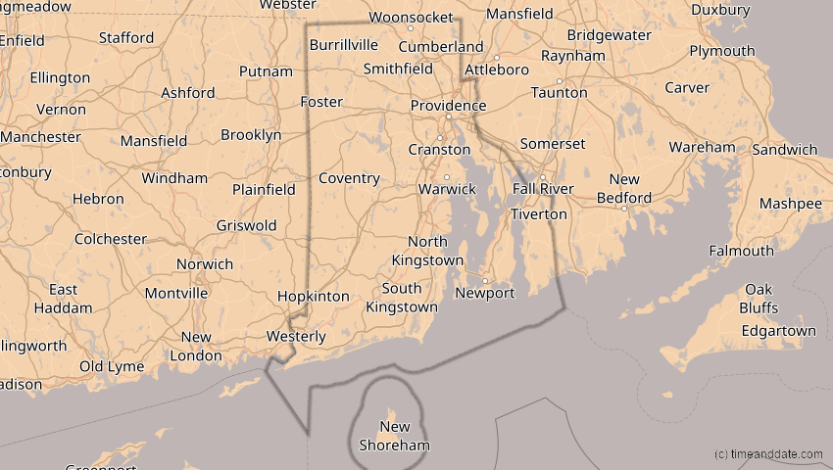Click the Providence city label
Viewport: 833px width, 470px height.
pyautogui.click(x=448, y=106)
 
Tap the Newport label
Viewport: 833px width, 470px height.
pyautogui.click(x=486, y=293)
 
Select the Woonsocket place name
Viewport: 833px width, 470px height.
pyautogui.click(x=412, y=18)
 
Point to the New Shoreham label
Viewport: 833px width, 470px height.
pyautogui.click(x=394, y=436)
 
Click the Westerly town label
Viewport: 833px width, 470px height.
pyautogui.click(x=297, y=337)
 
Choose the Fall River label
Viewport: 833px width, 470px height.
pyautogui.click(x=543, y=189)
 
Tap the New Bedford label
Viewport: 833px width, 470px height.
pyautogui.click(x=624, y=189)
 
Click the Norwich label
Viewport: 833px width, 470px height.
pyautogui.click(x=205, y=264)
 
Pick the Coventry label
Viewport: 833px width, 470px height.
pyautogui.click(x=349, y=178)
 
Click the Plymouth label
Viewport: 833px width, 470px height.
pyautogui.click(x=722, y=51)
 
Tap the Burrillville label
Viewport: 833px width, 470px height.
pyautogui.click(x=343, y=45)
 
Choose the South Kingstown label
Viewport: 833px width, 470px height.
pyautogui.click(x=402, y=298)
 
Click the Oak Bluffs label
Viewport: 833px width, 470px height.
pyautogui.click(x=759, y=299)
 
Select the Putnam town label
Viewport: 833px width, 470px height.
pyautogui.click(x=266, y=71)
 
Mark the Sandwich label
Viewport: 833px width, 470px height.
pyautogui.click(x=785, y=150)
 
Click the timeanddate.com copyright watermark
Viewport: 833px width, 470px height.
pyautogui.click(x=768, y=454)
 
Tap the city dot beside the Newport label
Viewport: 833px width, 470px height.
pyautogui.click(x=484, y=280)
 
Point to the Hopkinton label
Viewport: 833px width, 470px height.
pyautogui.click(x=313, y=296)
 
